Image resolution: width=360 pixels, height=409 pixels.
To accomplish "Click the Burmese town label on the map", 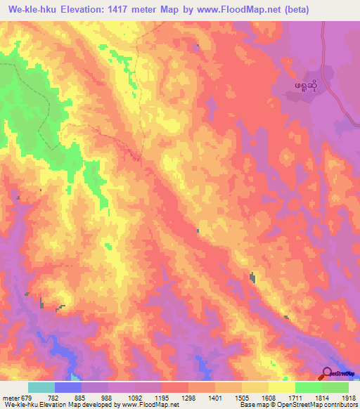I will pyautogui.click(x=305, y=88).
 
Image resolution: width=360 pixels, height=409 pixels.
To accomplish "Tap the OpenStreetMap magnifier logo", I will pyautogui.click(x=328, y=374).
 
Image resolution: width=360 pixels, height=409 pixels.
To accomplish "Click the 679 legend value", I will pyautogui.click(x=26, y=397).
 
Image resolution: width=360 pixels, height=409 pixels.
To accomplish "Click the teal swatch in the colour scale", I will pyautogui.click(x=41, y=387).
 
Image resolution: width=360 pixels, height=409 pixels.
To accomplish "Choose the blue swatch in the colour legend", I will pyautogui.click(x=68, y=387).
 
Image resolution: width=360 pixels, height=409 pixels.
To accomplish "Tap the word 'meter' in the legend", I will pyautogui.click(x=10, y=397).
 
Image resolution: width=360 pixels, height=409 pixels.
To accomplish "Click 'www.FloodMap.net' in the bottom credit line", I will pyautogui.click(x=148, y=405).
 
